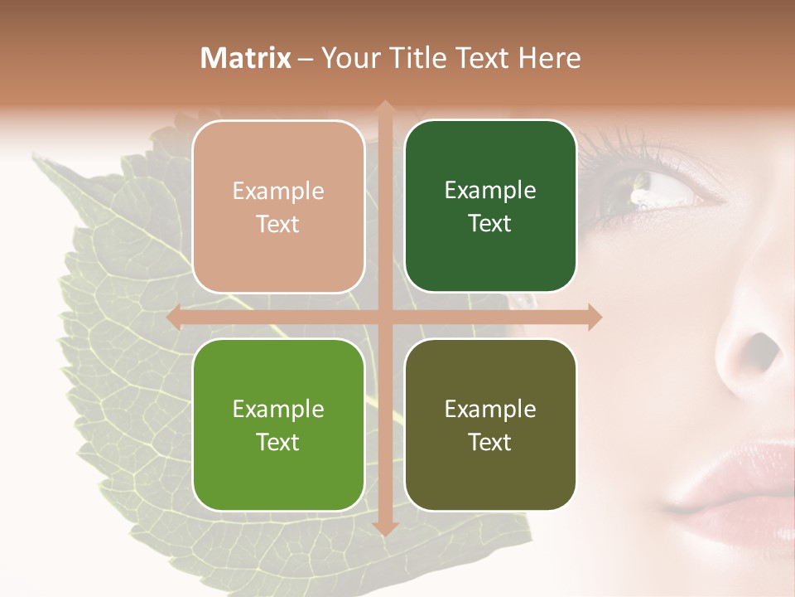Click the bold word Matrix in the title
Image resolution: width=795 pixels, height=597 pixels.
coord(247,58)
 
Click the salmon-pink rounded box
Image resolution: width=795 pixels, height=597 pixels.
coord(278,206)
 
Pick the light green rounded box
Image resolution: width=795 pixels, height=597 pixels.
coord(278,425)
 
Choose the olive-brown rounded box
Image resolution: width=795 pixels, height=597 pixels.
coord(490,425)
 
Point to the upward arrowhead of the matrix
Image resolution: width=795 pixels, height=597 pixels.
coord(384,108)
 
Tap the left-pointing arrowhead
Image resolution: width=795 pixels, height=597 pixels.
coord(175,317)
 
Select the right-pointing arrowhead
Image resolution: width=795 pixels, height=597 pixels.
coord(594,317)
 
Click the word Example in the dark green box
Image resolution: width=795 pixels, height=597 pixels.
coord(490,190)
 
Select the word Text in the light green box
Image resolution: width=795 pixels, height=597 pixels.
coord(278,442)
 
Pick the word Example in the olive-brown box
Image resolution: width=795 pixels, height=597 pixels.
coord(490,409)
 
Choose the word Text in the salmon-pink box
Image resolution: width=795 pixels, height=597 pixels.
coord(278,224)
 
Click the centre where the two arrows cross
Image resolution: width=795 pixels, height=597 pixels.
coord(384,317)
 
